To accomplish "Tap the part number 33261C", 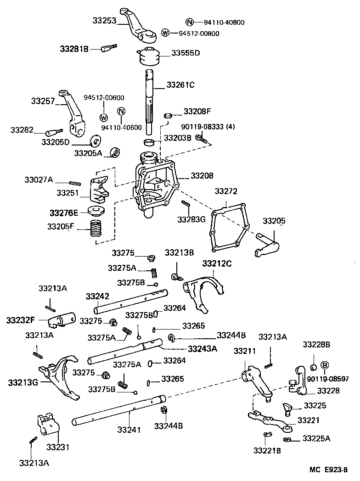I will pos(180,85).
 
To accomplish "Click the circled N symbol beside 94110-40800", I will pos(189,22).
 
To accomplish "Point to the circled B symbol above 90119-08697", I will pos(325,365).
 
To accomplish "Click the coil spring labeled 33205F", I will pos(96,228).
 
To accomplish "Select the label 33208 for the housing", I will pos(202,175).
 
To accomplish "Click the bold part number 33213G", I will pos(22,382).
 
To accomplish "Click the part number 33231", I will pos(57,447).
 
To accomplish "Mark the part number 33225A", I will pos(316,438).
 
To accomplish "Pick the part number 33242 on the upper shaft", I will pos(97,296).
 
